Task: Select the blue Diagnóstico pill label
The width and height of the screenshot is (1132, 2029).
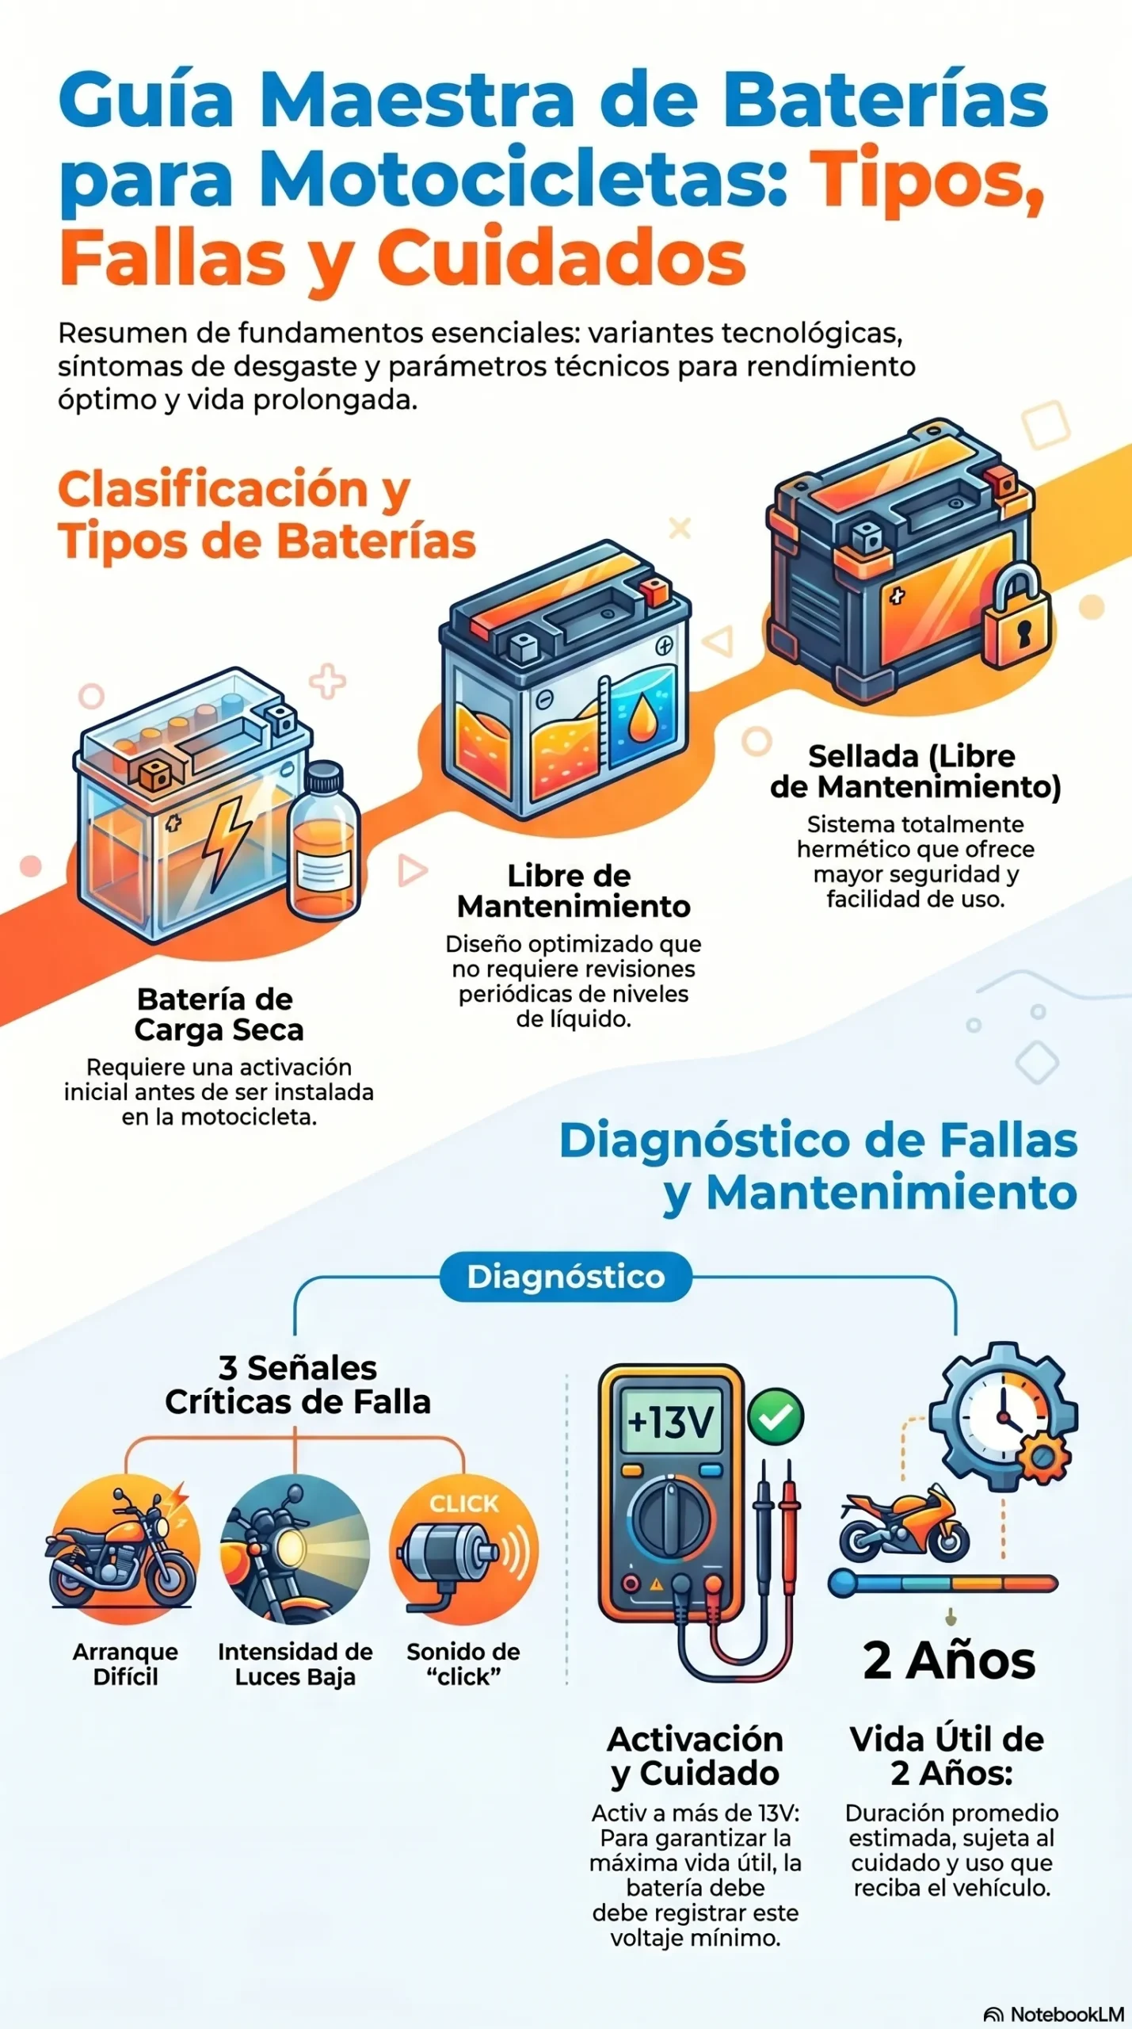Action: click(566, 1276)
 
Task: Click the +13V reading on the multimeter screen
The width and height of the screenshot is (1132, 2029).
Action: click(671, 1422)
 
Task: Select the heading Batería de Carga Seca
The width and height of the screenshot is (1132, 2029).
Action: click(218, 1014)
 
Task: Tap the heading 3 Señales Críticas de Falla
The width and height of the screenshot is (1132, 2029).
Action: click(297, 1385)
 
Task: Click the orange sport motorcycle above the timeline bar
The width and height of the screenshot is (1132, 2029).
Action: click(904, 1524)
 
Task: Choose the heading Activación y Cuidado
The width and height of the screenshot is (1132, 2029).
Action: click(696, 1756)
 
